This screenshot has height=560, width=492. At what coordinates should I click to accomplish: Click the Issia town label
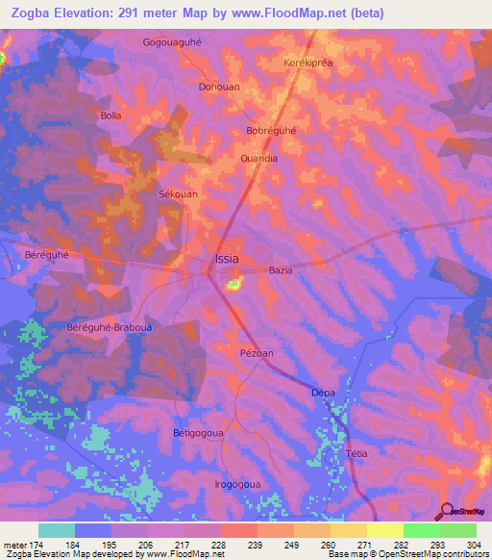point(226,259)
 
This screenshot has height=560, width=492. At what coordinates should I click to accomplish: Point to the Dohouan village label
point(219,86)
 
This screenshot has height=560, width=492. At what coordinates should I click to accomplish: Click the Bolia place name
point(112,115)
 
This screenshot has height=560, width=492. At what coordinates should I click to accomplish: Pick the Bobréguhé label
point(272,130)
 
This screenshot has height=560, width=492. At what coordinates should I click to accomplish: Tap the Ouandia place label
point(258,159)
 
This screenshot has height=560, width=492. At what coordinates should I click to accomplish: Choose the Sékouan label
point(178,193)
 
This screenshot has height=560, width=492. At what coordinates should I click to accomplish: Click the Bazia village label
point(281,270)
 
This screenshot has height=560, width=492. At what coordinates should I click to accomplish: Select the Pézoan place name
point(257,353)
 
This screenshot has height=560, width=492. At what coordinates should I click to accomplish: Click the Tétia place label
point(357,452)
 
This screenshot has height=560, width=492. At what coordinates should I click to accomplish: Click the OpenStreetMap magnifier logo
point(447,512)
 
